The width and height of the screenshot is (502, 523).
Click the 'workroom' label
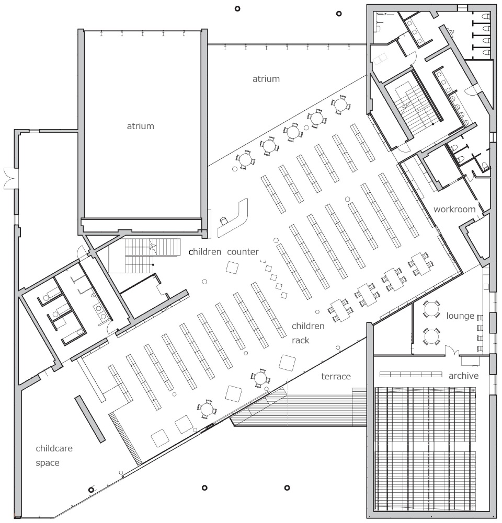tap(454, 209)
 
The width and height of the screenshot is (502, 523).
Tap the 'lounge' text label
tap(460, 316)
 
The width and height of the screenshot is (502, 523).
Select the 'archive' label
tap(463, 376)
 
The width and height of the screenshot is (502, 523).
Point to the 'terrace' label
tap(336, 376)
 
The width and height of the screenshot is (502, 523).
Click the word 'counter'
tap(243, 252)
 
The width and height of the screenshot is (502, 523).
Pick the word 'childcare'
tap(54, 448)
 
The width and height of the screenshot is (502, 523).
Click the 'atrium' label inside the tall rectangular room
tap(141, 126)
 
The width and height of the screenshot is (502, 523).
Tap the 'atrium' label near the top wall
tap(266, 79)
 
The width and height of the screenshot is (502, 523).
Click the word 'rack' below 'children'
tap(300, 340)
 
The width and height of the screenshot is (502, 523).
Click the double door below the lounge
tap(451, 351)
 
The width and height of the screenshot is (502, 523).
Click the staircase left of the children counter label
tap(144, 255)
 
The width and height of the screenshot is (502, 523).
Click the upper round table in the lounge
tap(431, 309)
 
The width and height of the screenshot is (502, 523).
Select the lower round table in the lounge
tap(431, 336)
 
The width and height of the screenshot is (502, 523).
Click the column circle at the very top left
tap(237, 9)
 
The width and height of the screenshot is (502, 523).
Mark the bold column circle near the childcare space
tap(91, 490)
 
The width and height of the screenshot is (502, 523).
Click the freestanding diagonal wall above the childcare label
tap(90, 419)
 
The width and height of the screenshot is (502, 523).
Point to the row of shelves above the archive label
tap(411, 374)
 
